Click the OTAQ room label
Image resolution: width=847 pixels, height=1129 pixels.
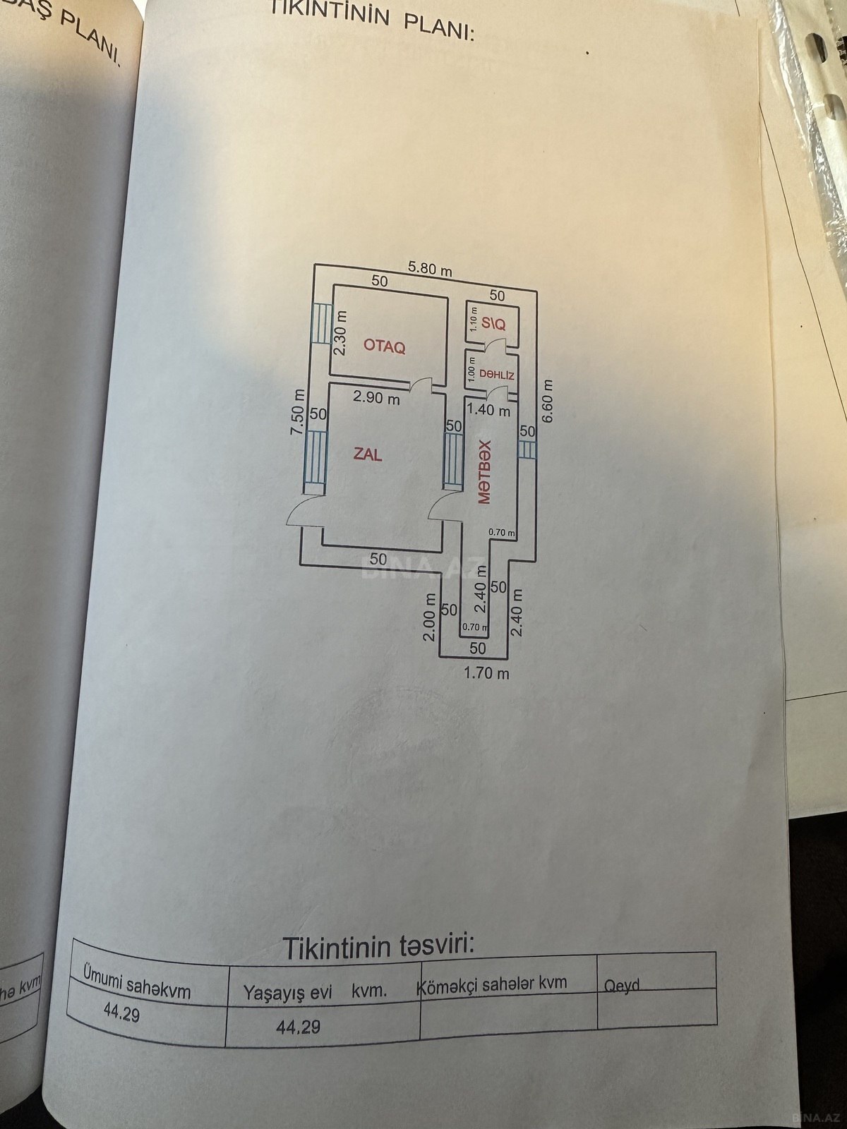point(384,346)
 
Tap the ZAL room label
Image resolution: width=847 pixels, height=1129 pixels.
point(367,454)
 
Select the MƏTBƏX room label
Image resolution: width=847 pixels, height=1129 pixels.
point(484,472)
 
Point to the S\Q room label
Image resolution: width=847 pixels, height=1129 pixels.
point(493,323)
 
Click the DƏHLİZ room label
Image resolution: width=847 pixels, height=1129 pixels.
point(497,375)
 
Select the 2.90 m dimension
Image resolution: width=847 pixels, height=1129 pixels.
point(376,397)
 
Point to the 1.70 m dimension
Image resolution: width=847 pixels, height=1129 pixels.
point(486,672)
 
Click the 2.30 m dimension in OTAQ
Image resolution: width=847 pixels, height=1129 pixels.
point(340,333)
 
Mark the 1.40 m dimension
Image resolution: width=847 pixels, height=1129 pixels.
point(488,410)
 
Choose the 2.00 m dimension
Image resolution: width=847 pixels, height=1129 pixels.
point(429,617)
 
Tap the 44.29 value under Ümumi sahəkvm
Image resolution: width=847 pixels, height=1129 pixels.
point(121,1012)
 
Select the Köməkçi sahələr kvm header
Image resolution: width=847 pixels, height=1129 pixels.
point(493,983)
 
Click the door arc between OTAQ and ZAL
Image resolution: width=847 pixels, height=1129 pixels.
point(420,384)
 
